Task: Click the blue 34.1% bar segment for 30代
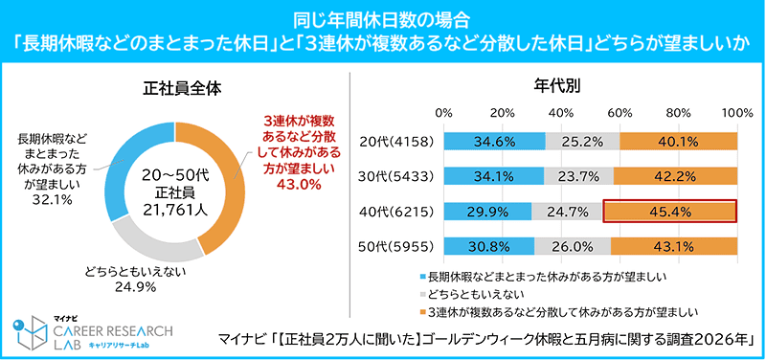tap(494, 176)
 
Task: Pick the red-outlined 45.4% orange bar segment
tap(669, 212)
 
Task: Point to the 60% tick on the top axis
tap(620, 113)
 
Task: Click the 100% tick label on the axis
tap(735, 113)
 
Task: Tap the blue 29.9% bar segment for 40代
tap(487, 212)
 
